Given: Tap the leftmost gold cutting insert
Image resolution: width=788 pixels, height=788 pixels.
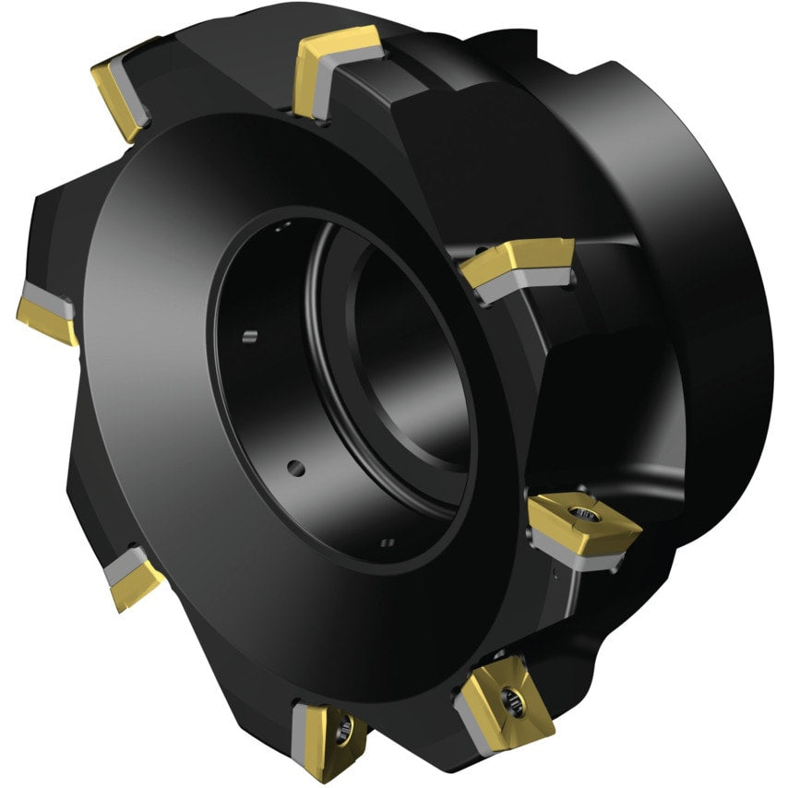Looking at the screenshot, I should click(46, 318).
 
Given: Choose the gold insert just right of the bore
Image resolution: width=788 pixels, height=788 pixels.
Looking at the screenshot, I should click(517, 262).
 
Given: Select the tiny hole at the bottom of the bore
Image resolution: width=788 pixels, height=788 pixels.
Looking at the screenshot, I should click(388, 542).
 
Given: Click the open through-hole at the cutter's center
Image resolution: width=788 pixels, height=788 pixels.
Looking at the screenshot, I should click(406, 369).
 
